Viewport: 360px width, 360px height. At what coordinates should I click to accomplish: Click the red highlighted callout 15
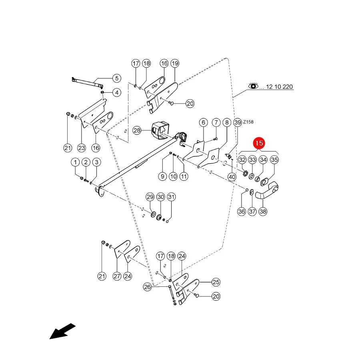click(x=259, y=143)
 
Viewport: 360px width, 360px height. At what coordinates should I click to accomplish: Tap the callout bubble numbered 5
click(x=117, y=78)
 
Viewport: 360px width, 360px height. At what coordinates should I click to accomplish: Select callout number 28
click(x=137, y=131)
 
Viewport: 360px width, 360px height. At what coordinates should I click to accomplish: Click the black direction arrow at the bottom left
click(x=62, y=331)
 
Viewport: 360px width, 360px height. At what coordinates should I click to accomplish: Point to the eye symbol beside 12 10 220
click(x=253, y=86)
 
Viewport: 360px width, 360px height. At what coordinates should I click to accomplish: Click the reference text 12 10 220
click(x=279, y=87)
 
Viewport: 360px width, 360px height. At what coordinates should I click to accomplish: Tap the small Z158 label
click(x=248, y=122)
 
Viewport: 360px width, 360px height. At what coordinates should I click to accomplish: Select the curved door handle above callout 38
click(x=267, y=190)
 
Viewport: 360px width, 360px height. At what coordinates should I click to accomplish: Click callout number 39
click(x=238, y=122)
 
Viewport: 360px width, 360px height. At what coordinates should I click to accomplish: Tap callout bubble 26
click(x=147, y=287)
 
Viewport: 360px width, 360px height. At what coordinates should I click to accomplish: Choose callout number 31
click(x=171, y=197)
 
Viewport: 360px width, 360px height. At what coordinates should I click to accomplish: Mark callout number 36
click(x=242, y=211)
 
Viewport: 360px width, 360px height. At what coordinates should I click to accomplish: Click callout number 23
click(x=82, y=148)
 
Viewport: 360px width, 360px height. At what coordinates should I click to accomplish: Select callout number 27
click(x=117, y=276)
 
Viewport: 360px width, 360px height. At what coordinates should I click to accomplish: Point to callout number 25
click(x=216, y=282)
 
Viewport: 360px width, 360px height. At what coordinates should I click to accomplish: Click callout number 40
click(x=232, y=177)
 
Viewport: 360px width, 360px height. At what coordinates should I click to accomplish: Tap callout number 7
click(x=216, y=122)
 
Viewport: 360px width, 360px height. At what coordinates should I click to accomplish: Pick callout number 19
click(x=175, y=63)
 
